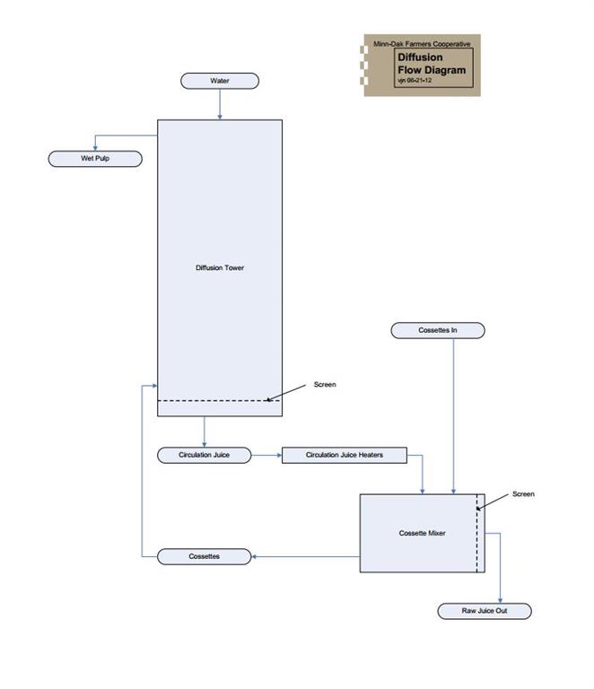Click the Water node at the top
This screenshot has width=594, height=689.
(x=220, y=81)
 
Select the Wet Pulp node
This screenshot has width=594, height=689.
(x=95, y=159)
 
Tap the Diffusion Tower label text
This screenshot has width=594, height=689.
(x=220, y=267)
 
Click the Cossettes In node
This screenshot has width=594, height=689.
(x=438, y=330)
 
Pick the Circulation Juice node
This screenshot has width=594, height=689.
(x=205, y=455)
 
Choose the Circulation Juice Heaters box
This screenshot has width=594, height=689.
(x=345, y=455)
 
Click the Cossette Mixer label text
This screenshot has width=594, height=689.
(x=422, y=533)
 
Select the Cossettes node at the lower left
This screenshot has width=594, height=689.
(x=205, y=556)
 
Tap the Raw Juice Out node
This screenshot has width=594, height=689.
(x=485, y=611)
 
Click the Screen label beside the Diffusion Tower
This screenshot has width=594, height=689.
(x=325, y=385)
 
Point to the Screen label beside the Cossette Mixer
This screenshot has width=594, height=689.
(x=523, y=494)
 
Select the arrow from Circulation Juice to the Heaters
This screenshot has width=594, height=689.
(x=266, y=455)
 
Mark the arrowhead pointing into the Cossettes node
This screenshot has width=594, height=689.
(x=255, y=556)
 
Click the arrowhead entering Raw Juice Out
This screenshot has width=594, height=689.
(x=499, y=600)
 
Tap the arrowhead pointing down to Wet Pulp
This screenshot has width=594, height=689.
(x=95, y=148)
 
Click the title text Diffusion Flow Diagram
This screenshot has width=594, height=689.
(x=432, y=64)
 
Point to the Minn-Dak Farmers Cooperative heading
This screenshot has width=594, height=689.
(x=422, y=44)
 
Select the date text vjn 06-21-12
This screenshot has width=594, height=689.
(x=415, y=81)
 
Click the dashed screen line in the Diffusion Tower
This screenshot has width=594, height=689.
(x=215, y=400)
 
